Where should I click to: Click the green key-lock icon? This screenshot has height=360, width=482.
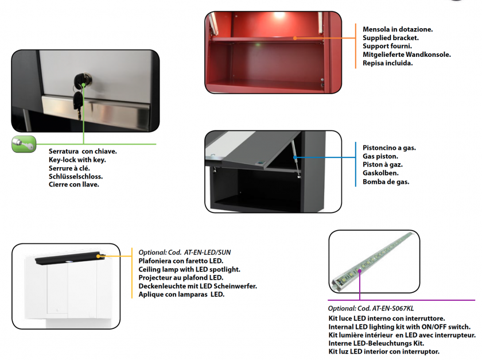24,144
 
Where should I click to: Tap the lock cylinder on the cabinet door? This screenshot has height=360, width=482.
82,80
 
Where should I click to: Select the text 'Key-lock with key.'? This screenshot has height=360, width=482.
77,160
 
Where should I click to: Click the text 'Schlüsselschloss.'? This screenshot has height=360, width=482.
76,176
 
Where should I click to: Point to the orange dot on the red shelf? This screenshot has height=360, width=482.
295,38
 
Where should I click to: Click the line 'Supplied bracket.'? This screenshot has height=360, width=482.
390,38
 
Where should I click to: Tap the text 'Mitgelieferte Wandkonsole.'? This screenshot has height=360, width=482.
407,55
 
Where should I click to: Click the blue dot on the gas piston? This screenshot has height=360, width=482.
295,157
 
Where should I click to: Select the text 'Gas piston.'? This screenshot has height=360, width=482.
380,156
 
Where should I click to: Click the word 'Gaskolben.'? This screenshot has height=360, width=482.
380,173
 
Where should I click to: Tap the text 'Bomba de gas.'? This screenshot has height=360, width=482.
386,181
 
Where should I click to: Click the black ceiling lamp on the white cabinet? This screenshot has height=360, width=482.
70,258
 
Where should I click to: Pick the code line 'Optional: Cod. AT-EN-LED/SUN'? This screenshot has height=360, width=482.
184,252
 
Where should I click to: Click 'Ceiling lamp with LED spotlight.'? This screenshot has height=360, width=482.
189,269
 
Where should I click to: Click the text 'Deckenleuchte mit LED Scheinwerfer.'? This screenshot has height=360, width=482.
197,286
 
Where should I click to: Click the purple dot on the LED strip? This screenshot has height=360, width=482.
359,271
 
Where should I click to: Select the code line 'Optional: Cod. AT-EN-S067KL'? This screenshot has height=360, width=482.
371,308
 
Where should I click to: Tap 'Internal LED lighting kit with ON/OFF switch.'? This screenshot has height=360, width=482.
399,327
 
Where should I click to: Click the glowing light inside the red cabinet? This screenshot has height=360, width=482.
279,15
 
